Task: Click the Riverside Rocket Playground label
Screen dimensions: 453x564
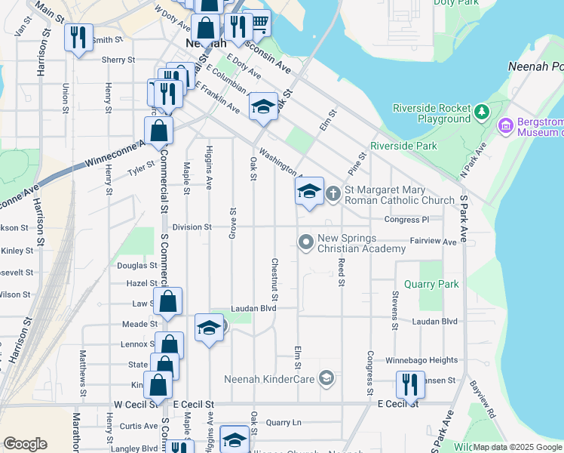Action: pyautogui.click(x=431, y=113)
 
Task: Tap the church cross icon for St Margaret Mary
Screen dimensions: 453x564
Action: pyautogui.click(x=334, y=194)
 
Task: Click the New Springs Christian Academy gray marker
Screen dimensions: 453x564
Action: pyautogui.click(x=305, y=242)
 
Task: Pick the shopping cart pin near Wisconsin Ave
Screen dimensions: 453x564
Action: pyautogui.click(x=259, y=23)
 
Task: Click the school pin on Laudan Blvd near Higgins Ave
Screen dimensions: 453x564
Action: pyautogui.click(x=209, y=328)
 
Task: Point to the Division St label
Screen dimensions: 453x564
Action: pyautogui.click(x=192, y=226)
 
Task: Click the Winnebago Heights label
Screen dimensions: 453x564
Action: pyautogui.click(x=423, y=361)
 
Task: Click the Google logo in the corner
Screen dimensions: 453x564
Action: pyautogui.click(x=25, y=444)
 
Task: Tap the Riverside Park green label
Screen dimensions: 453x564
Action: pyautogui.click(x=403, y=146)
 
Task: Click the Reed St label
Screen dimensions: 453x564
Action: pyautogui.click(x=342, y=272)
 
